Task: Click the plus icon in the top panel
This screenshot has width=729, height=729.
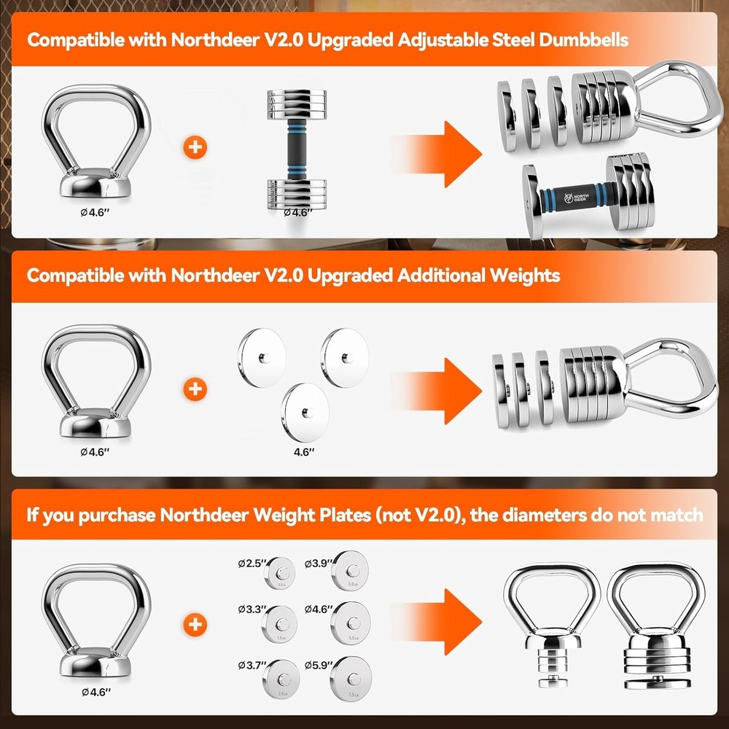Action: tap(195, 148)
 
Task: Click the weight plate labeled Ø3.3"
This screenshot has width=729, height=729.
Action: tap(281, 620)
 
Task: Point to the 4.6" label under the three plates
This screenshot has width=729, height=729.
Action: tap(303, 452)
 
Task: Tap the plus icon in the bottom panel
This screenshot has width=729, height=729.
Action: tap(195, 624)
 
